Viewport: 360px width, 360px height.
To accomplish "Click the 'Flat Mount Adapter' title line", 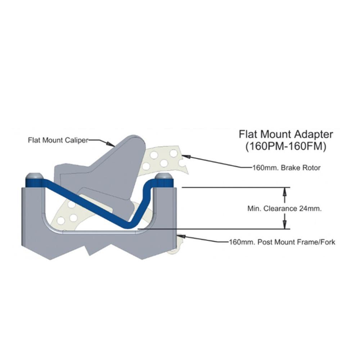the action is point(285,134).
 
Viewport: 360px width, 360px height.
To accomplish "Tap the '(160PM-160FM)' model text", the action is point(285,147).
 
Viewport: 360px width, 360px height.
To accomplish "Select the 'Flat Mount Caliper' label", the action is point(58,140).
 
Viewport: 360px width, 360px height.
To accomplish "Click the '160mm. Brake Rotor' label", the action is point(286,168).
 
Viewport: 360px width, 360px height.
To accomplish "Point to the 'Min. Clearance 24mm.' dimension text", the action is point(284,209).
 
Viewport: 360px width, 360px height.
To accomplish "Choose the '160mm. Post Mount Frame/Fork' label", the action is point(282,242).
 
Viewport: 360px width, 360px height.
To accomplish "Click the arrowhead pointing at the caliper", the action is point(111,144).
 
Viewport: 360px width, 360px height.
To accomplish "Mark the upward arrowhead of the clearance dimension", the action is point(285,192).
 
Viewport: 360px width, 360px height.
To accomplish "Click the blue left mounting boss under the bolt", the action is point(34,183).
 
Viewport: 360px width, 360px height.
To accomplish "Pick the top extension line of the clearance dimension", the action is point(236,188).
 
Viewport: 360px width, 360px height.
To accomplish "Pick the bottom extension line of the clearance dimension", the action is point(214,229).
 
